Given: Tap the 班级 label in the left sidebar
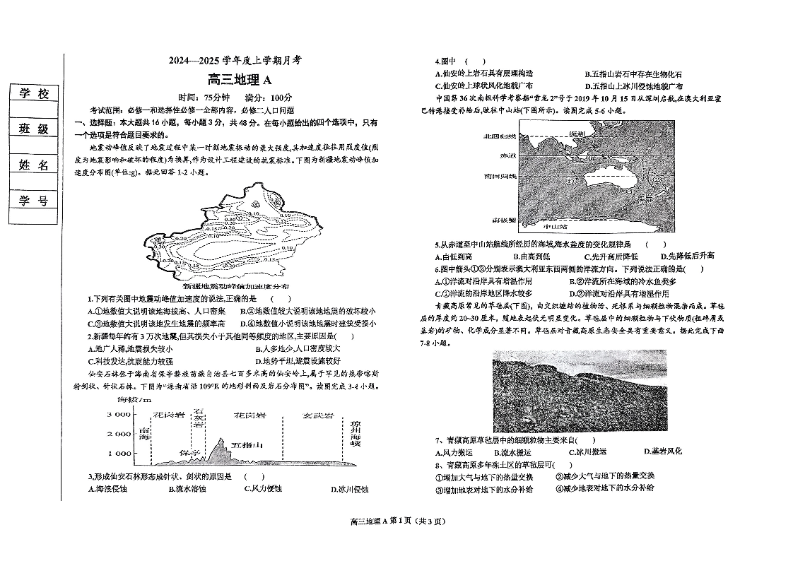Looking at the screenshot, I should pos(34,129).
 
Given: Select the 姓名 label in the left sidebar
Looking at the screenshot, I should pos(34,165).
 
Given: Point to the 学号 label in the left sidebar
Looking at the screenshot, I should pos(34,201).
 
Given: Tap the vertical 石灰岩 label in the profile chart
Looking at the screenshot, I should pos(200,418).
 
